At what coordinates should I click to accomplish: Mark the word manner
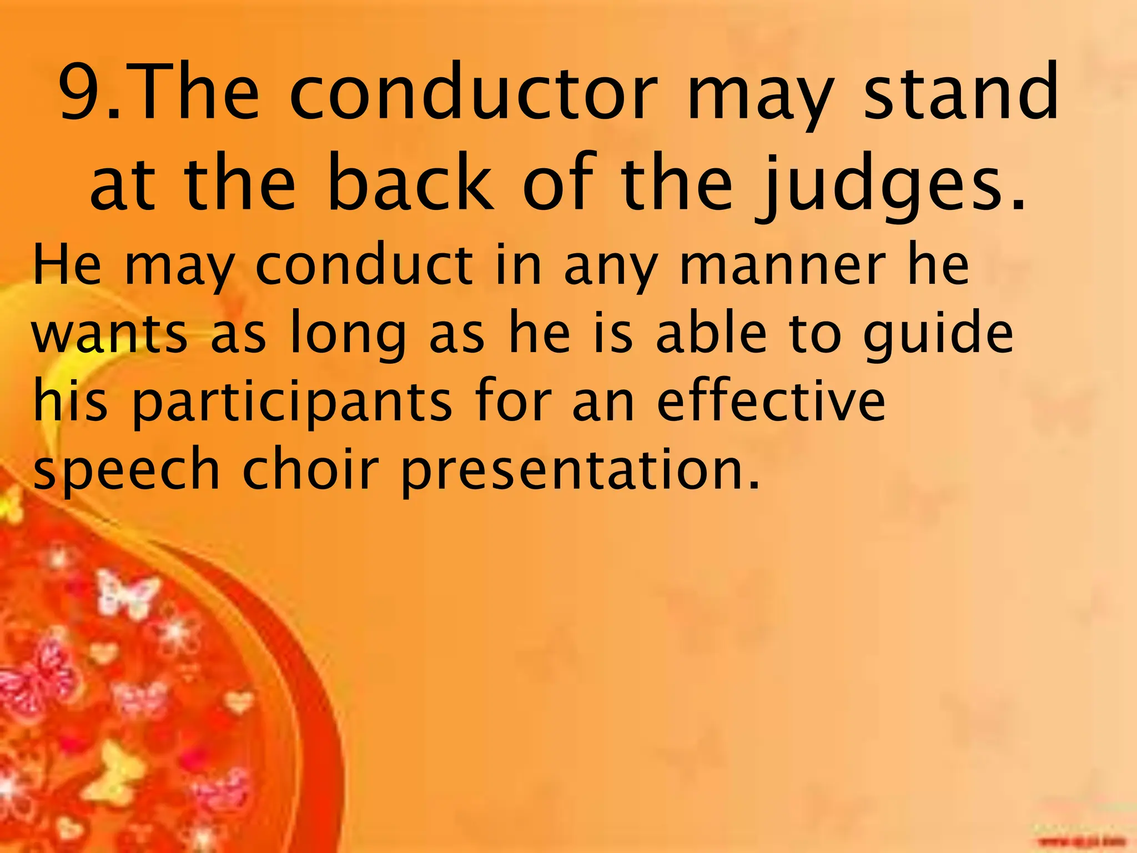point(783,267)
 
